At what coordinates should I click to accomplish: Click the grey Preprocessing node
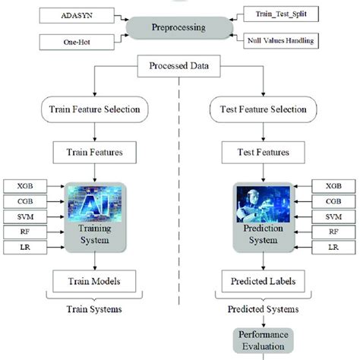[180, 28]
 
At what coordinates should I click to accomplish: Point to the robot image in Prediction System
[263, 203]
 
